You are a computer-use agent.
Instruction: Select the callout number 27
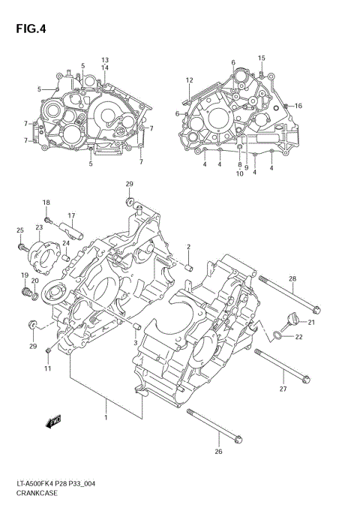(283, 389)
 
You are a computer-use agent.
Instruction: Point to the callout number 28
(292, 279)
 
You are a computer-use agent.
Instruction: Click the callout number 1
(106, 417)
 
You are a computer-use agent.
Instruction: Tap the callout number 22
(298, 337)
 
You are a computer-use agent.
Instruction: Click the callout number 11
(48, 368)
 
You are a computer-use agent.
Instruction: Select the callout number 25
(20, 230)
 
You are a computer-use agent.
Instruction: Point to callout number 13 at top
(105, 59)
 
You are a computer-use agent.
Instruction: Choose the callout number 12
(190, 80)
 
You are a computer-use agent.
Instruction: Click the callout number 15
(262, 58)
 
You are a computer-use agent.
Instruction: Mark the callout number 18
(46, 203)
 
